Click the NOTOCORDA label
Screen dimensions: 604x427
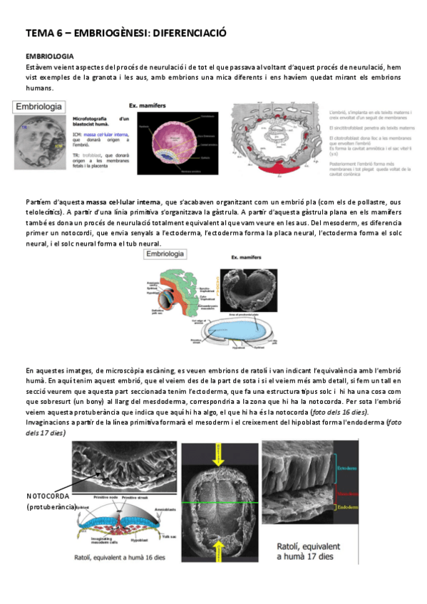[51, 496]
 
